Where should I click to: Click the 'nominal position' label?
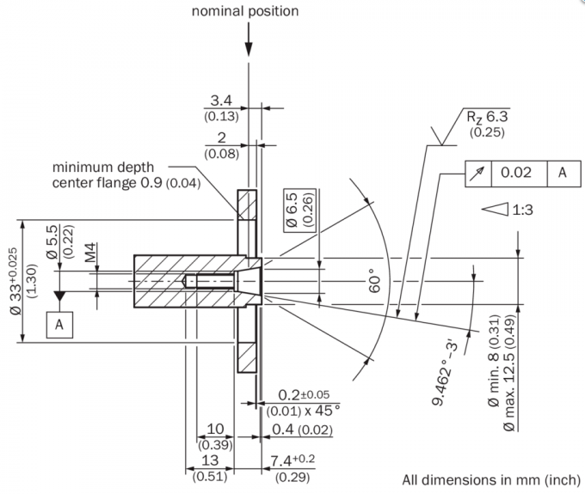pos(245,11)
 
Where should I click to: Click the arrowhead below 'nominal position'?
pos(249,49)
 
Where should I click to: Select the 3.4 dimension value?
pos(221,101)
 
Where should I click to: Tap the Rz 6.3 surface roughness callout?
pos(487,117)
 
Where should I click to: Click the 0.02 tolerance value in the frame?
pos(516,173)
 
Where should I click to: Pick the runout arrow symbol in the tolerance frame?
pos(477,174)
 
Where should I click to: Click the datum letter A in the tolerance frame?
pos(563,173)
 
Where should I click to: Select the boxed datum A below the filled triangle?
pos(59,325)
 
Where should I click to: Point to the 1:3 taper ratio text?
pos(522,210)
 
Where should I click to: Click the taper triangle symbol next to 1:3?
pos(495,209)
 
